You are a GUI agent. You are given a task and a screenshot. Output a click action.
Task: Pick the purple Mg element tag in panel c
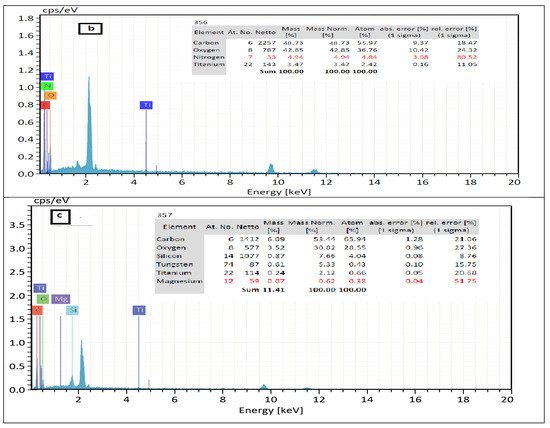point(61,299)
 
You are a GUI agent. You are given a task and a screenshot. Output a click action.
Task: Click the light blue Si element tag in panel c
point(73,311)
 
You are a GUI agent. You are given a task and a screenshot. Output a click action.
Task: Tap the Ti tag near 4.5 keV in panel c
point(139,311)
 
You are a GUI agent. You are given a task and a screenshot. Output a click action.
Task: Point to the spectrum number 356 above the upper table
point(199,21)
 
